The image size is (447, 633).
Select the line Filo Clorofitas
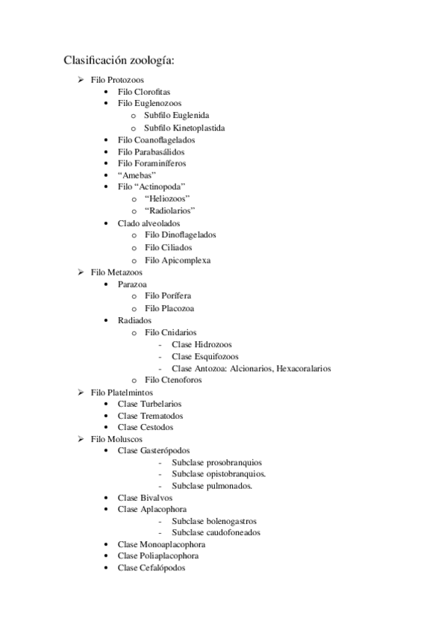(144, 91)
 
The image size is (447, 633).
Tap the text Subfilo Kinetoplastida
(184, 128)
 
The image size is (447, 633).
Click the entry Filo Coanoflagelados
(156, 140)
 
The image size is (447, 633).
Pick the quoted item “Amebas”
(137, 175)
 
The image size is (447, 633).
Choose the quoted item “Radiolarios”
(170, 211)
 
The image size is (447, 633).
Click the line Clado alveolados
(149, 222)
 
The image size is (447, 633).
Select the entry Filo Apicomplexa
(178, 261)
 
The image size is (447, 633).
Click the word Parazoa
(132, 284)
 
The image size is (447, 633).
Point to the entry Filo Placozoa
(170, 308)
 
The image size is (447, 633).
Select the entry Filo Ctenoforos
(173, 380)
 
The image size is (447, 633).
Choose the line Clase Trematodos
(150, 416)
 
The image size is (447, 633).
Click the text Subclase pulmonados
(212, 486)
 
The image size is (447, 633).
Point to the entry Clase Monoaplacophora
(161, 545)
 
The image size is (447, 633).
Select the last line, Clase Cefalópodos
(151, 568)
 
